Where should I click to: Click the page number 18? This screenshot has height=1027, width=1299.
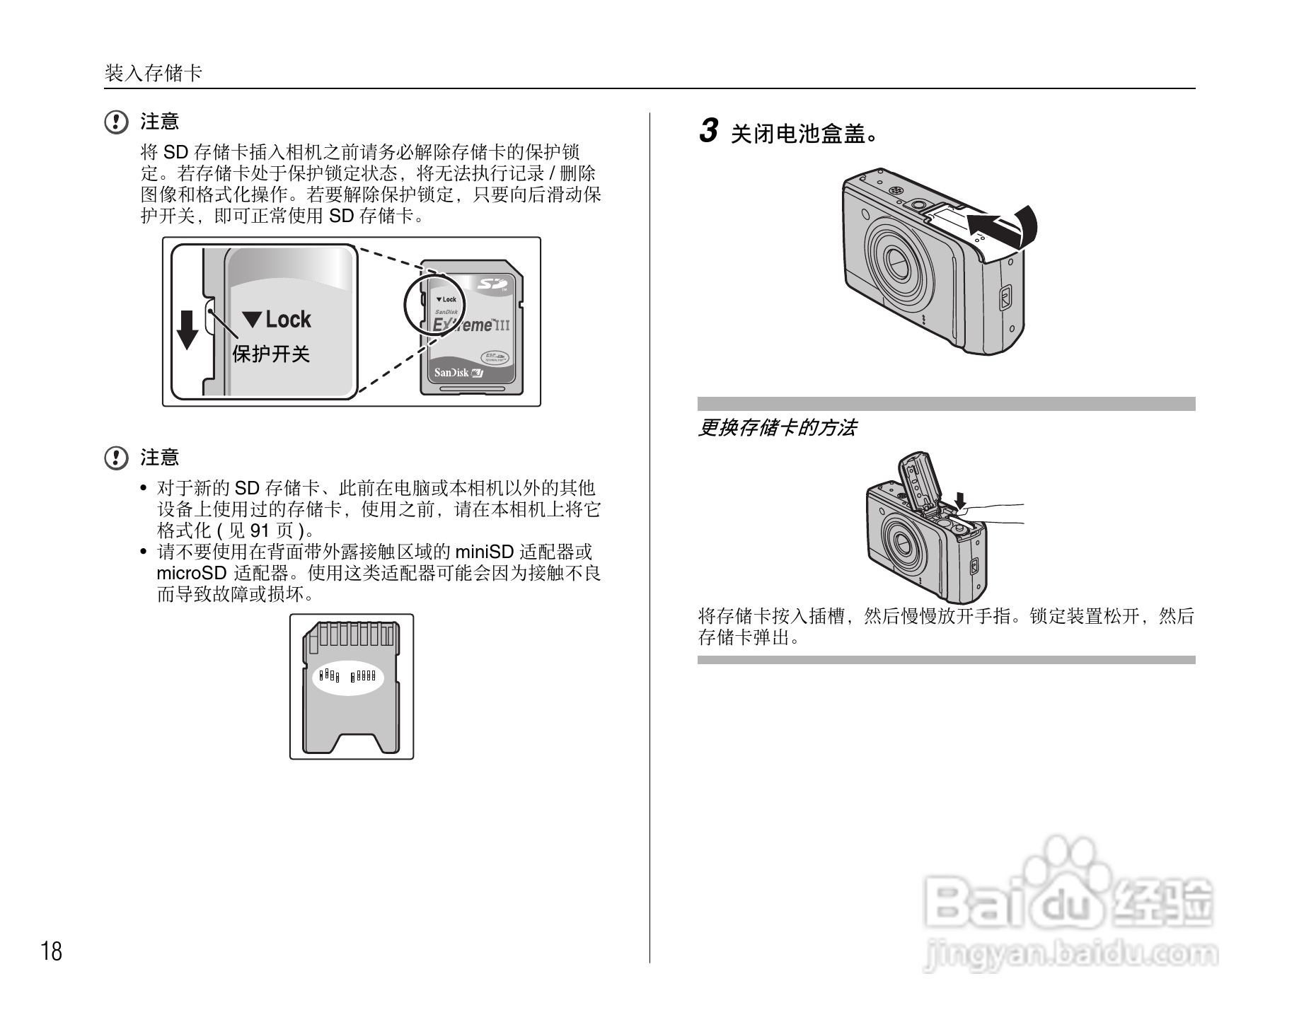[x=52, y=951]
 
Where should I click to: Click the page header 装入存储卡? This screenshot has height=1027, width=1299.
[x=154, y=73]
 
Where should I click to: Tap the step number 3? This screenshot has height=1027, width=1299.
[x=708, y=131]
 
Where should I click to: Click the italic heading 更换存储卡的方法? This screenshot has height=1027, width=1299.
[x=777, y=428]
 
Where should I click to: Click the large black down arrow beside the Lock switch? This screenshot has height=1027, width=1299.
[x=187, y=330]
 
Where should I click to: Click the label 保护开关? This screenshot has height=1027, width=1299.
[x=271, y=354]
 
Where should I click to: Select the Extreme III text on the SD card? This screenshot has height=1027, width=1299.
[x=470, y=325]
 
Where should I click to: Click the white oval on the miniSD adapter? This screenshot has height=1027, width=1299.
[x=348, y=678]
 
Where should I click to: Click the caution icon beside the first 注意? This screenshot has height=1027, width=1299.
[x=116, y=122]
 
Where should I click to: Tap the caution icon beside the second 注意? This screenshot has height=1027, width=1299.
[x=116, y=458]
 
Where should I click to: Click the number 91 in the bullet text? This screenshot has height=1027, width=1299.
[x=260, y=530]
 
